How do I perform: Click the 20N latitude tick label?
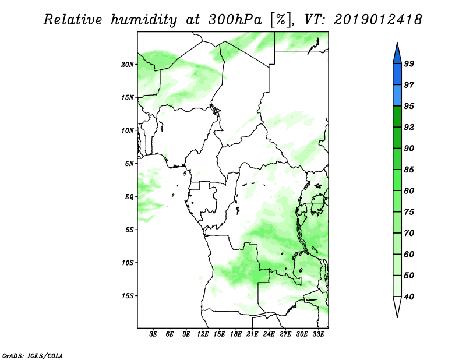tap(128, 64)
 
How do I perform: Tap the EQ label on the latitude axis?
tap(129, 197)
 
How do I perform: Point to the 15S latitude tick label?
tap(128, 296)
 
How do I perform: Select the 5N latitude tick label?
tap(129, 164)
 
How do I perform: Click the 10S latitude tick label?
tap(128, 263)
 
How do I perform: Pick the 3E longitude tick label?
tap(153, 334)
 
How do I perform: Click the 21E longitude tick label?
tap(252, 334)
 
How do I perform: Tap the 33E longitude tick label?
tap(318, 334)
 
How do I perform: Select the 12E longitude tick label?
tap(203, 334)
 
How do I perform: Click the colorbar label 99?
tap(409, 63)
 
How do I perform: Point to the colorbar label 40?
tap(409, 297)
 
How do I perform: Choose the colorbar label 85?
tap(409, 170)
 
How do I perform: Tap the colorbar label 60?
tap(409, 254)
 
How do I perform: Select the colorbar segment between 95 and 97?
tap(397, 96)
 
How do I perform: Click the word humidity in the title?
tap(144, 20)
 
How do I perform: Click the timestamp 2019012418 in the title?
tap(377, 20)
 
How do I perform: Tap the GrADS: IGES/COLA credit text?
tap(33, 355)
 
